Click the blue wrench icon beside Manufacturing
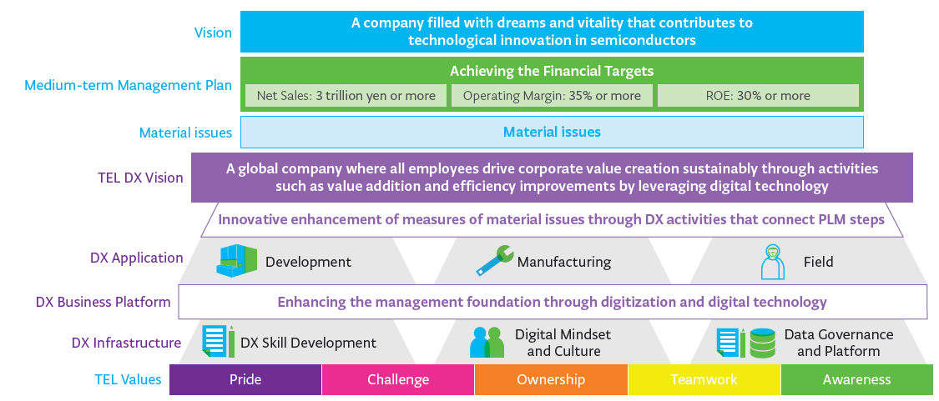[494, 261]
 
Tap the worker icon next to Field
[772, 262]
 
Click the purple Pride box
[245, 379]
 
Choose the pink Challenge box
[398, 379]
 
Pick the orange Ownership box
[551, 379]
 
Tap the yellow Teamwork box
[704, 379]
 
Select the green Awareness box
[857, 379]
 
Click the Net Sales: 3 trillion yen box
[346, 96]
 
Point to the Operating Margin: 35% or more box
[553, 96]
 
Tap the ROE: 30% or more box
[758, 96]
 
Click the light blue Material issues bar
[553, 132]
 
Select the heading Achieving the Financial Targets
[553, 71]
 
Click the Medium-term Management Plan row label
[129, 86]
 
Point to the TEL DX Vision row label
[140, 178]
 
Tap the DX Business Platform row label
[103, 303]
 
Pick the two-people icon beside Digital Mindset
[487, 343]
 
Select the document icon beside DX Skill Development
[218, 342]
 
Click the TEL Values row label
[129, 379]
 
